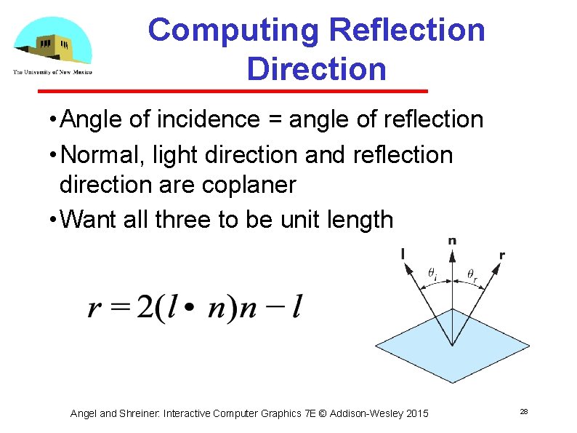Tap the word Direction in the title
point(316,69)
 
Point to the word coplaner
point(247,185)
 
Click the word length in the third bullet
point(356,219)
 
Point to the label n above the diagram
point(453,241)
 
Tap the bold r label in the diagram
point(502,255)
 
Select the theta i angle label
point(432,274)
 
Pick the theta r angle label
point(472,274)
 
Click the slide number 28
point(523,413)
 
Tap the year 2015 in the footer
point(416,413)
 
